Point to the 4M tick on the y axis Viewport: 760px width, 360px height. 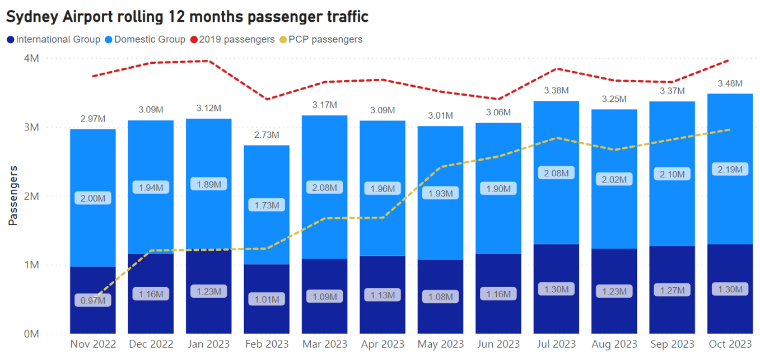click(31, 58)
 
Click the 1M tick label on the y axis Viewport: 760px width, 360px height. click(31, 265)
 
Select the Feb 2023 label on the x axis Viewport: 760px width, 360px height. click(267, 344)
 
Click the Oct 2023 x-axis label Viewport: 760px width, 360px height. click(730, 344)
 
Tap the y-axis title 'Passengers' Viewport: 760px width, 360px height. click(13, 195)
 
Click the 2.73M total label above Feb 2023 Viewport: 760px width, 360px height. click(267, 135)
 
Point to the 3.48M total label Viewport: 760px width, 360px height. click(730, 83)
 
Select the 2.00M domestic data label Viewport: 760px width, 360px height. click(93, 198)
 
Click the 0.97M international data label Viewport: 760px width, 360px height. click(93, 300)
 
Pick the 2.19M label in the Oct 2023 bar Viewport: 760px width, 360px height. click(730, 169)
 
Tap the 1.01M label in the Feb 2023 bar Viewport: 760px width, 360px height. click(267, 299)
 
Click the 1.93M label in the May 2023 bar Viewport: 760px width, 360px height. click(440, 193)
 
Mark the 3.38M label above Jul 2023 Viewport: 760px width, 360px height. click(556, 90)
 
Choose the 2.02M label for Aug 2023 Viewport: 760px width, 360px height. click(614, 180)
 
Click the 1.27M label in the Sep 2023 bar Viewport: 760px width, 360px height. click(672, 290)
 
